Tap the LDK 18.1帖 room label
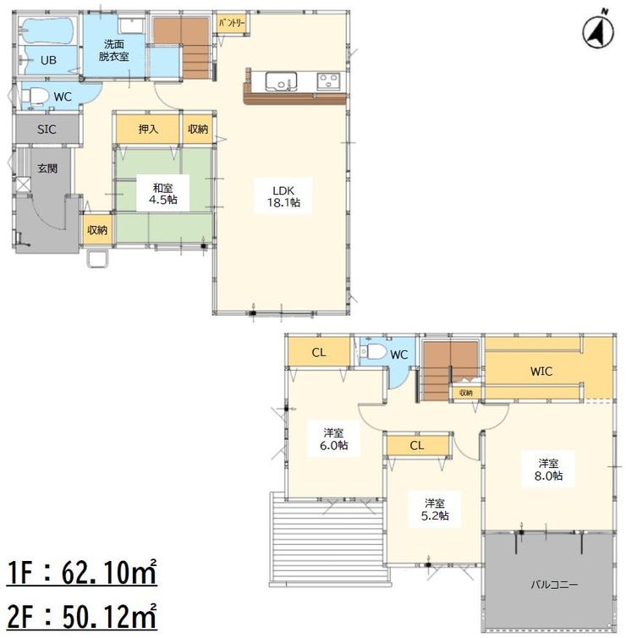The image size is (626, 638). [283, 196]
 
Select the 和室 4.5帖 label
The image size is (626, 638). [162, 193]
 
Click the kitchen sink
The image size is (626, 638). [281, 81]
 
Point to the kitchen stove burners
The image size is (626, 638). [328, 81]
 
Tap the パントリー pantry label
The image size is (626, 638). [232, 24]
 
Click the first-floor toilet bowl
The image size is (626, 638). [33, 97]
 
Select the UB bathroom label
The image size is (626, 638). [48, 60]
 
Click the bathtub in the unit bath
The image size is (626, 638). [48, 30]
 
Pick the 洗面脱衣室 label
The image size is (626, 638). [113, 50]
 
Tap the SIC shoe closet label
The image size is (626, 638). [47, 129]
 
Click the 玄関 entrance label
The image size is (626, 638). [47, 168]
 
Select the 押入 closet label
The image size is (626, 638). [148, 129]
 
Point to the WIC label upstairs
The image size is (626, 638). [541, 371]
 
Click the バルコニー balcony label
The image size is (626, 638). [554, 585]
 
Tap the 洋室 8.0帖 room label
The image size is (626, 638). [548, 469]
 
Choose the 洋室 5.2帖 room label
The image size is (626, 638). [435, 509]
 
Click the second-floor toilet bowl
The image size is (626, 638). [376, 351]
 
